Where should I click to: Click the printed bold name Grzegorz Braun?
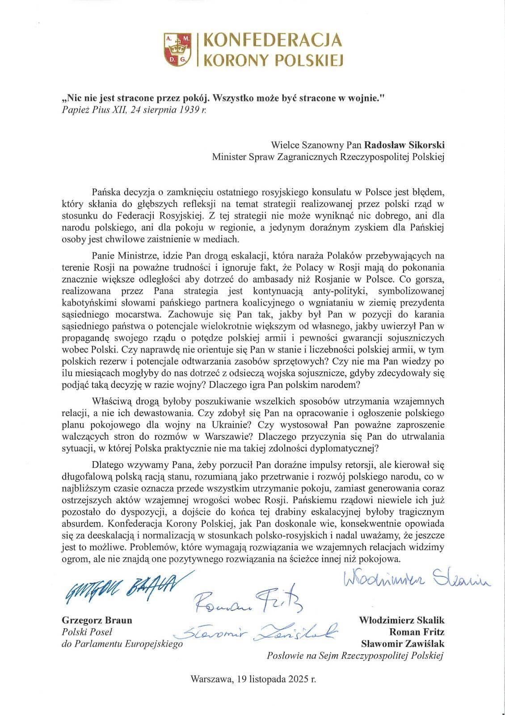click(x=96, y=621)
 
